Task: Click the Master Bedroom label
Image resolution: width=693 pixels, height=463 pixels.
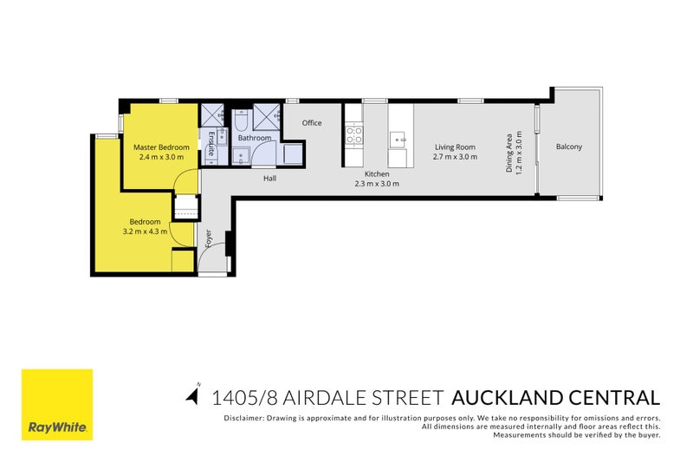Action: point(161,147)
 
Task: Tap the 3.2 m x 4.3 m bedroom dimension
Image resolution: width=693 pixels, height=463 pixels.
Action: point(145,231)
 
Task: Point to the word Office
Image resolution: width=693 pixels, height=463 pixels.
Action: point(312,123)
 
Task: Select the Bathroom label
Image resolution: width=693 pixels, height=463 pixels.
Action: point(255,138)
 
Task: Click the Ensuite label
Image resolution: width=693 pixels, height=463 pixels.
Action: point(211,144)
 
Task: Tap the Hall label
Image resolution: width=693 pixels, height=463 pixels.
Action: point(269,179)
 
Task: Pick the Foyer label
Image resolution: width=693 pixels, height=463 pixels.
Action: point(209,238)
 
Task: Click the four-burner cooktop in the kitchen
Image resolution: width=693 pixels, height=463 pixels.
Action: point(354,135)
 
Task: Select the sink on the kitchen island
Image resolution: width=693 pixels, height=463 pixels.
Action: point(398,140)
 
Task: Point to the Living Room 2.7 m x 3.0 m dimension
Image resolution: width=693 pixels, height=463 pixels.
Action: point(456,157)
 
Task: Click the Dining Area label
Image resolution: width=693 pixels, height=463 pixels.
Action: point(509,153)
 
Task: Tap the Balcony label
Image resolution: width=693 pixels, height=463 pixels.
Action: point(569,147)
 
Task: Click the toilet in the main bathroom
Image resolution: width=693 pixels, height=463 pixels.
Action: point(242,120)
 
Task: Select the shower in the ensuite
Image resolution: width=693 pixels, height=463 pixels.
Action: point(213,115)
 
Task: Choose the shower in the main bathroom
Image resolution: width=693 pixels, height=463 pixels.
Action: point(267,117)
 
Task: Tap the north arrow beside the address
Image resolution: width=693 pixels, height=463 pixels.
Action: point(193,395)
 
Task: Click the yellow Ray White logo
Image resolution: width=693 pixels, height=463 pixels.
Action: point(57,405)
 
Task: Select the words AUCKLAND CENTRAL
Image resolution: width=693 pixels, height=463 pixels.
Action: point(555,398)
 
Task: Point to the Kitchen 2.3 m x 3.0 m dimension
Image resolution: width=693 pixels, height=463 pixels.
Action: point(377,184)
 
